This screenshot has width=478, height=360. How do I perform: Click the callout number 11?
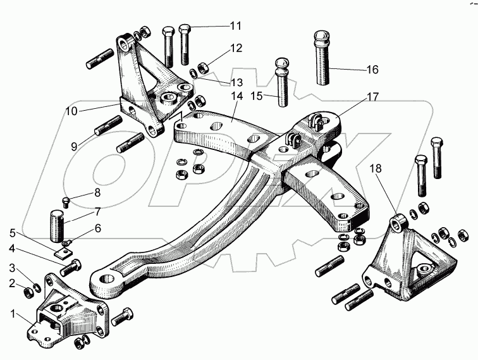click(235, 26)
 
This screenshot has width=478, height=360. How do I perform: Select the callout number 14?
click(236, 97)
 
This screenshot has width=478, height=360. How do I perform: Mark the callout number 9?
click(74, 146)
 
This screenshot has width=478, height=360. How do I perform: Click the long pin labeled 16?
click(322, 57)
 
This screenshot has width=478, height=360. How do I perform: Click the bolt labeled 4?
click(71, 266)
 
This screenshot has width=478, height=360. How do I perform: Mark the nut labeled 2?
click(29, 292)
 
